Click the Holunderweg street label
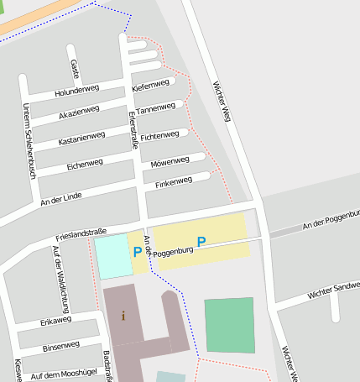[76, 90]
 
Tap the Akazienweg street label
[79, 111]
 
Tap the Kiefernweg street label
[151, 86]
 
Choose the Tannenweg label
[155, 109]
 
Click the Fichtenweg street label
[159, 135]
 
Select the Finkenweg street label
[174, 181]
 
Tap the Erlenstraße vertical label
[132, 133]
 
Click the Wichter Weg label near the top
[222, 102]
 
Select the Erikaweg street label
[56, 320]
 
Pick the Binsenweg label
[60, 345]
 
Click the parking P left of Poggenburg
[137, 251]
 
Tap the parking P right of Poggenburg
[201, 242]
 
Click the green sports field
[229, 325]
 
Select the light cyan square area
[110, 258]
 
